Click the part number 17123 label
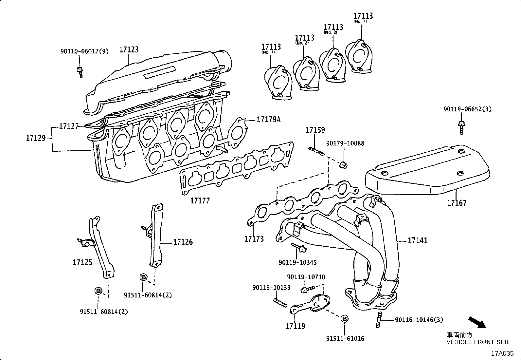point(129,50)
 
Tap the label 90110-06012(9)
point(84,51)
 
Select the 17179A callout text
point(268,120)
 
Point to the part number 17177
point(200,200)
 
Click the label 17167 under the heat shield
point(457,203)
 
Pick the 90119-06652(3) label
point(467,109)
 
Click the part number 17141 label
point(418,240)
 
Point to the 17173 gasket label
point(254,239)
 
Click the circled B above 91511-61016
point(344,318)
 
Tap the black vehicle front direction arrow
point(477,322)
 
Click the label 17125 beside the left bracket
point(82,262)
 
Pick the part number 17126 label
point(183,242)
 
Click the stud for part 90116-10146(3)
point(379,320)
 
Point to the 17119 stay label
point(295,326)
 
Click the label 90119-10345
point(298,263)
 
